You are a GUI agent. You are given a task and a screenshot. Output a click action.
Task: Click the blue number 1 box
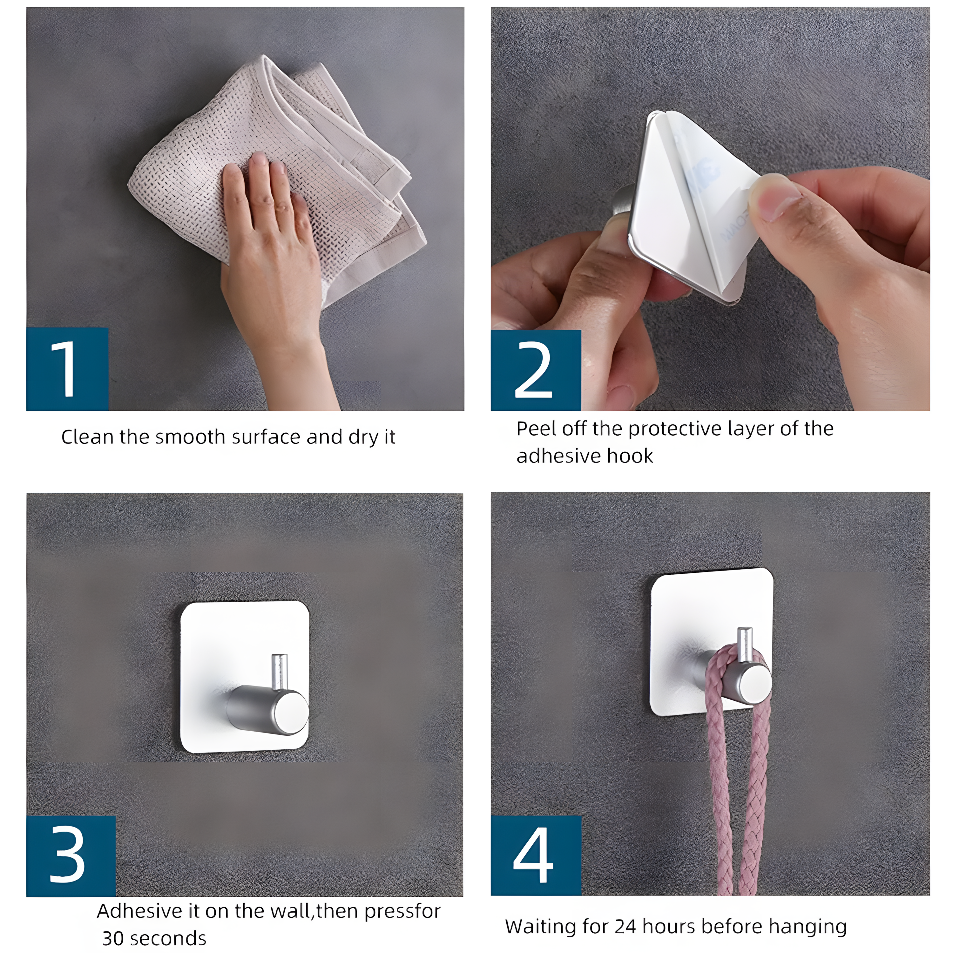pyautogui.click(x=67, y=369)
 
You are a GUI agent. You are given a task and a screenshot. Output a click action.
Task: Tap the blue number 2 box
pyautogui.click(x=536, y=370)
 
